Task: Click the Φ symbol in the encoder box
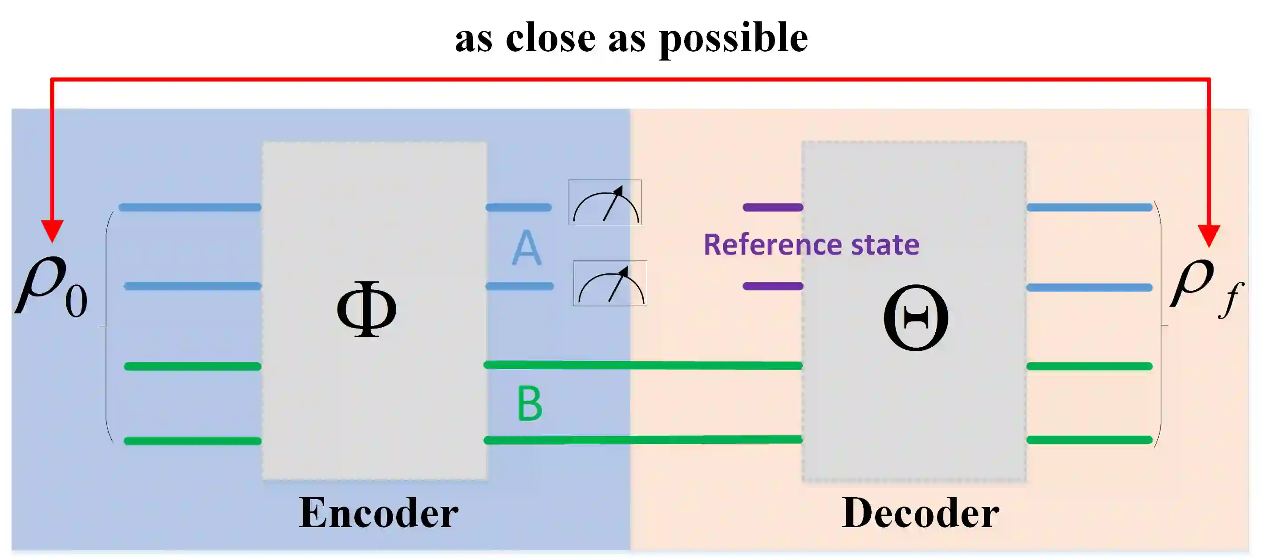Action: pyautogui.click(x=366, y=308)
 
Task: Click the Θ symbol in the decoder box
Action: pyautogui.click(x=915, y=317)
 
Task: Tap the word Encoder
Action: pyautogui.click(x=378, y=513)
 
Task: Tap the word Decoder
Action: pyautogui.click(x=920, y=513)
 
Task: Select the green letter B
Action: pyautogui.click(x=530, y=404)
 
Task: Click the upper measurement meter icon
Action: pyautogui.click(x=605, y=203)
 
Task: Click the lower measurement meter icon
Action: pyautogui.click(x=610, y=284)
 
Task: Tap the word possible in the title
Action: pyautogui.click(x=734, y=38)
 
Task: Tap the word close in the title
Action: pyautogui.click(x=550, y=38)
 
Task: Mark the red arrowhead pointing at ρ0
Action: pyautogui.click(x=52, y=231)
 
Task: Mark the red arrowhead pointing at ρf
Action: pyautogui.click(x=1209, y=235)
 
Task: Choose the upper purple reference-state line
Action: pyautogui.click(x=773, y=207)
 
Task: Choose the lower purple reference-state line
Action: pyautogui.click(x=773, y=286)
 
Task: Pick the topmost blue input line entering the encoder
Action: pyautogui.click(x=190, y=207)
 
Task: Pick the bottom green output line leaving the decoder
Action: pyautogui.click(x=1089, y=440)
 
